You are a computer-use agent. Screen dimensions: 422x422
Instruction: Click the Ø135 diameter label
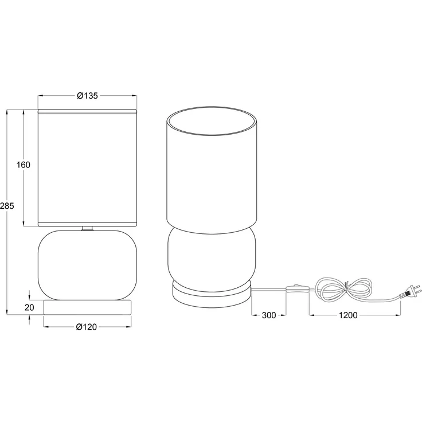pos(87,96)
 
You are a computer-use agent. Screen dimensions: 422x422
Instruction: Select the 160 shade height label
pos(24,165)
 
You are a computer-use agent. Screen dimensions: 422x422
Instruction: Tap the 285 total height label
pos(7,206)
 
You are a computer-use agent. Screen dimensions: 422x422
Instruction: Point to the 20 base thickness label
pos(29,307)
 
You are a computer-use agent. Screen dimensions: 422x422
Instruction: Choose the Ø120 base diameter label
pos(87,327)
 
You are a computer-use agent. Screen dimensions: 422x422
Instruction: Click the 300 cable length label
pos(268,315)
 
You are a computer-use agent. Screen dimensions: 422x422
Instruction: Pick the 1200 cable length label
pos(347,315)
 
